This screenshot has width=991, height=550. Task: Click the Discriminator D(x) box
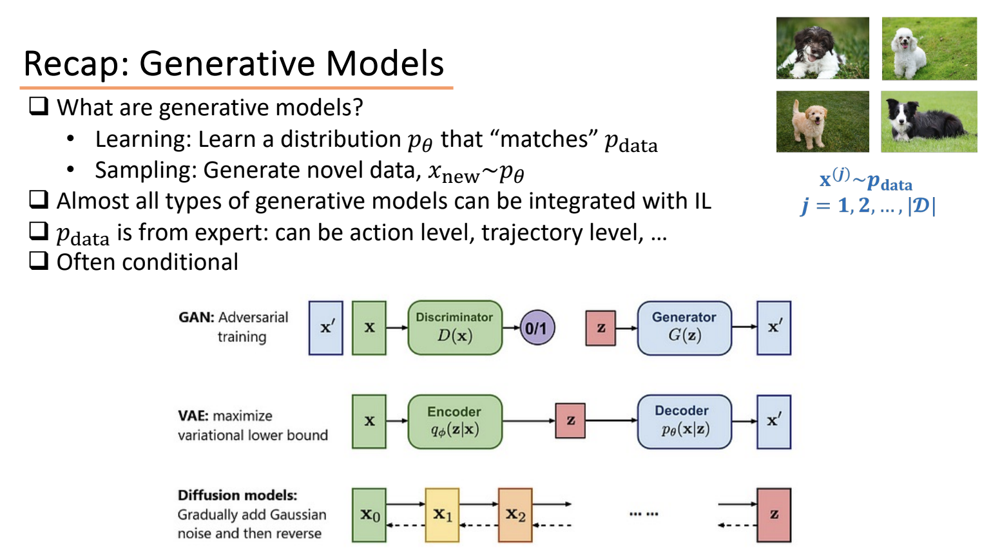click(454, 327)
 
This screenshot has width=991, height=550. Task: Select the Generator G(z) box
click(684, 327)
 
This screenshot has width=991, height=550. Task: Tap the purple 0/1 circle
click(537, 328)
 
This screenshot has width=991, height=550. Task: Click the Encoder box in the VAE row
click(454, 421)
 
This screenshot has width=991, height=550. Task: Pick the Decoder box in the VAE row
click(684, 421)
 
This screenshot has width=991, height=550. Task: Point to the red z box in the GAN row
click(601, 328)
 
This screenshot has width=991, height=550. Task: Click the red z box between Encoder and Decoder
click(570, 421)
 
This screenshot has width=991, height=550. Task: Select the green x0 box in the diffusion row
click(369, 515)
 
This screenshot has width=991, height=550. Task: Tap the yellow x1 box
click(442, 515)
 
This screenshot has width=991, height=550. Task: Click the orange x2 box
click(515, 515)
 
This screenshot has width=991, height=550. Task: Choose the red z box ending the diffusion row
click(774, 515)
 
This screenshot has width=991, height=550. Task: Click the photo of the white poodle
click(928, 48)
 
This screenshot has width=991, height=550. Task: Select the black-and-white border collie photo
click(928, 121)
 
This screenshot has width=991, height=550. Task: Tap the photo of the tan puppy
click(822, 121)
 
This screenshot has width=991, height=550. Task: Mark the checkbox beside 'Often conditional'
click(39, 261)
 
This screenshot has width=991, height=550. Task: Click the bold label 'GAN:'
click(197, 318)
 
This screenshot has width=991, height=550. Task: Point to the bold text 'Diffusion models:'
click(237, 495)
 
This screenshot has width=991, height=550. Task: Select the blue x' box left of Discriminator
click(326, 327)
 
